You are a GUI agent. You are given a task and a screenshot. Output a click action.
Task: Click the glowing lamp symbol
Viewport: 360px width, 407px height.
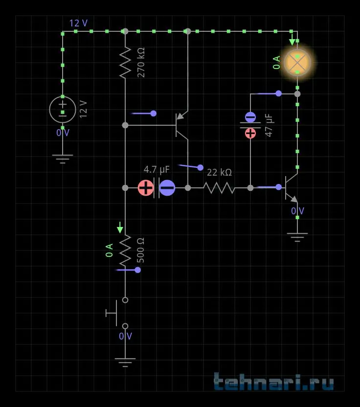297,63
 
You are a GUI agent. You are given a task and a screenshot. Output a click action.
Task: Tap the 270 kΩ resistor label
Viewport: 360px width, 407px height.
141,62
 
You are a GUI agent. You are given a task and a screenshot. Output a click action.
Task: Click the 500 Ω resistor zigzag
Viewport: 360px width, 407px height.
125,250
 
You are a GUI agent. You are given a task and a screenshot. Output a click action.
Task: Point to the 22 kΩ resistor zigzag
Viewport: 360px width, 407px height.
219,188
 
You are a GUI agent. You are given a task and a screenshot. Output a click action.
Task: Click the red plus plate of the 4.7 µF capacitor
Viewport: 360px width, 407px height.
146,188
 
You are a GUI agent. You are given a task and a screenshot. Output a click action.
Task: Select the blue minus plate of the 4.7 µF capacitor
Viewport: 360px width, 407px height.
167,188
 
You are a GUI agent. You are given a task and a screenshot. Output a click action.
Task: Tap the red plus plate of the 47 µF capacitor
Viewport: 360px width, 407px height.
250,134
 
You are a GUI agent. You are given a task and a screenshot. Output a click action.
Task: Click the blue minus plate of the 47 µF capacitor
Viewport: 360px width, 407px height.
250,117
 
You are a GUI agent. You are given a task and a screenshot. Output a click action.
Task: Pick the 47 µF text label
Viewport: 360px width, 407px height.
269,125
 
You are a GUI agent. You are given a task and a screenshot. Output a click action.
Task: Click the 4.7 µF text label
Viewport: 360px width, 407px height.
157,169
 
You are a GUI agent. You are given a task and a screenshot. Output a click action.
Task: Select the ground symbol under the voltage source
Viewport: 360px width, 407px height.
63,159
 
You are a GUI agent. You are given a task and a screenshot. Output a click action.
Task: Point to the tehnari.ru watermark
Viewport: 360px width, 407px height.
273,381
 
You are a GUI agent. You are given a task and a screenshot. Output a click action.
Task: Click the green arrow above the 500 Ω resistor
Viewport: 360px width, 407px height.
120,227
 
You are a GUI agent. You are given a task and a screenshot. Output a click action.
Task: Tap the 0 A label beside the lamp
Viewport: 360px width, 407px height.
277,63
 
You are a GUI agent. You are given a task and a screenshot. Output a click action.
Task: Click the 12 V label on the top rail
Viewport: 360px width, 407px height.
78,23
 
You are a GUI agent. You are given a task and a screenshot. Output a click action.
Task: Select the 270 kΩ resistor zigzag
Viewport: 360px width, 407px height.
125,63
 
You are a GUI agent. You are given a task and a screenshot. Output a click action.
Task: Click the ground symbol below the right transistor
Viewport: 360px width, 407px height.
297,237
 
